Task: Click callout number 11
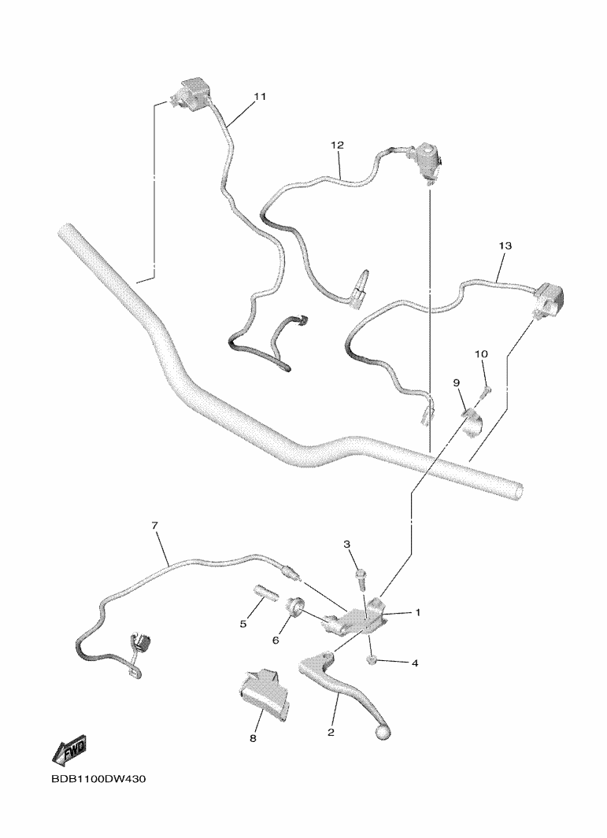click(x=260, y=97)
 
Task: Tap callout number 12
click(x=338, y=145)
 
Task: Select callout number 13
click(x=505, y=245)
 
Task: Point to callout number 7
click(x=155, y=526)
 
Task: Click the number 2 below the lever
click(x=331, y=733)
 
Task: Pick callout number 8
click(x=253, y=738)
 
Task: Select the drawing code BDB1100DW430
click(x=98, y=779)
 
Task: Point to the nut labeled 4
click(x=372, y=661)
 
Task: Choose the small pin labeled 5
click(x=263, y=595)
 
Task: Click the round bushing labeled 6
click(x=296, y=607)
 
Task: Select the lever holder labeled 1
click(x=356, y=619)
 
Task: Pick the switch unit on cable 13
click(x=547, y=298)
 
